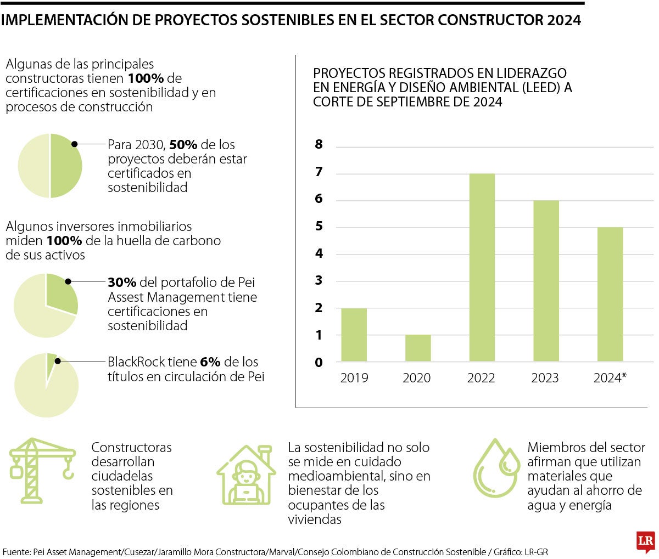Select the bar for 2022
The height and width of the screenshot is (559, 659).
(x=482, y=267)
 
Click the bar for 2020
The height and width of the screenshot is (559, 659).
(x=418, y=348)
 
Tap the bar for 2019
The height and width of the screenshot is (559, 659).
(x=354, y=335)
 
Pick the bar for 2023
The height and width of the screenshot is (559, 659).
(x=546, y=281)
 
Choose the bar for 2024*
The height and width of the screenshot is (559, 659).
(x=610, y=294)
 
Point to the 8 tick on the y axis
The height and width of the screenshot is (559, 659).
(x=319, y=145)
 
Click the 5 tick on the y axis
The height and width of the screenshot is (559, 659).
(x=319, y=227)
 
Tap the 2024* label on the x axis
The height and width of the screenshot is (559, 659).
(x=610, y=378)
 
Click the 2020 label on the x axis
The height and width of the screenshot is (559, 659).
(x=417, y=378)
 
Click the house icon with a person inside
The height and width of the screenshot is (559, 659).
(x=245, y=475)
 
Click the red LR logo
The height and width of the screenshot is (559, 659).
(x=645, y=541)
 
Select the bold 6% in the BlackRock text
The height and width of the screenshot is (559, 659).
(x=210, y=362)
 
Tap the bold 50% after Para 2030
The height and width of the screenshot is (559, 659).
(x=183, y=145)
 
